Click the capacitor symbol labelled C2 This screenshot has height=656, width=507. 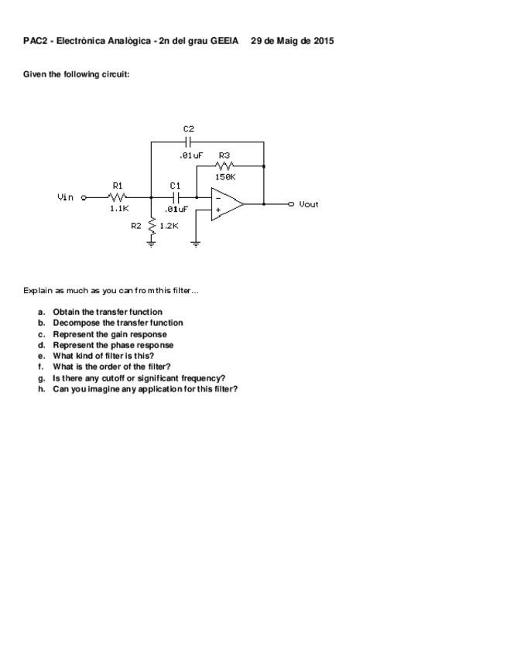(189, 142)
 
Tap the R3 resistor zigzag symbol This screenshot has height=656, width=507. (225, 165)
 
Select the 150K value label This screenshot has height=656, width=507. (225, 176)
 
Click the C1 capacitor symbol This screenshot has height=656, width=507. (176, 197)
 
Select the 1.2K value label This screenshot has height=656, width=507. (169, 226)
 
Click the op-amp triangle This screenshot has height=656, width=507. (227, 203)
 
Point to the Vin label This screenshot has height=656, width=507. (66, 197)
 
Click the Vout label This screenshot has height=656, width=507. (308, 204)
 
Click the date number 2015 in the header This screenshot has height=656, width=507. (324, 40)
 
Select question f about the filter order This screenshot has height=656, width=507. (111, 367)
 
